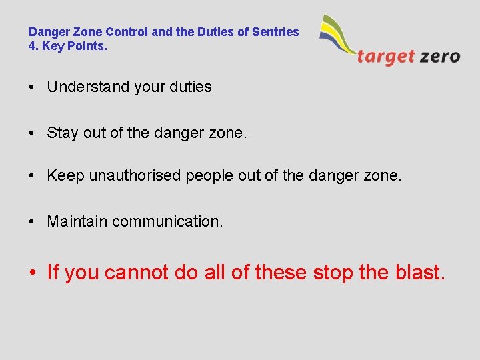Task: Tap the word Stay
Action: pyautogui.click(x=62, y=133)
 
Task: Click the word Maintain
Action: pyautogui.click(x=77, y=221)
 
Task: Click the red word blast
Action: pyautogui.click(x=421, y=272)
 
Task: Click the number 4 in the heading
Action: pyautogui.click(x=32, y=46)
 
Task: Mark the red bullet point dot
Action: pyautogui.click(x=33, y=273)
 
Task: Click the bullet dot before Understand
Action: pyautogui.click(x=32, y=87)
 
